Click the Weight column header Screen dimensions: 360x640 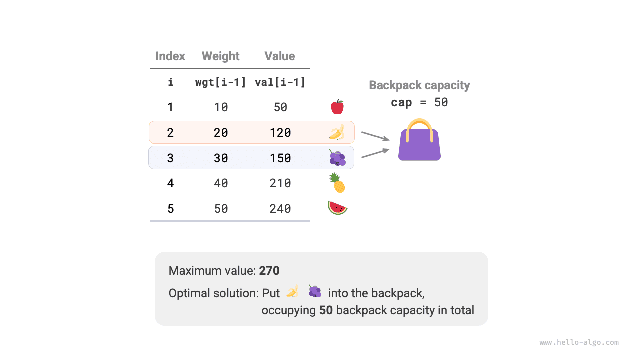pos(220,56)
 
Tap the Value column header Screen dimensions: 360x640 pos(279,56)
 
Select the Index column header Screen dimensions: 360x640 pos(170,56)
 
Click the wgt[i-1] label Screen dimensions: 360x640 pos(220,82)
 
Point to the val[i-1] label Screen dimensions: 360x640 pos(280,82)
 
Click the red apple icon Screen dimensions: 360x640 pos(337,107)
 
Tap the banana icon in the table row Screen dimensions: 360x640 pos(337,132)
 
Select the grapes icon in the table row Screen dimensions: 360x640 pos(337,158)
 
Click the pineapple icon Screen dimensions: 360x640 pos(337,183)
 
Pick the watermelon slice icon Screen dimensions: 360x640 pos(337,208)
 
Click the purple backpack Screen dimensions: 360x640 pos(419,146)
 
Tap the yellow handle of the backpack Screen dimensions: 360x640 pos(419,125)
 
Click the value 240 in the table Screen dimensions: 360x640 pos(280,209)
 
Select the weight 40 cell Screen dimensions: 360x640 pos(221,183)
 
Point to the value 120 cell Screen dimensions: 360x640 pos(280,133)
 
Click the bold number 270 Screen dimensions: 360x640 pos(269,271)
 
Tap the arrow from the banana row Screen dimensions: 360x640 pos(375,136)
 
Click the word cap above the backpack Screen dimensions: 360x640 pos(401,103)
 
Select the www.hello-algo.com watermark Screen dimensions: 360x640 pos(579,343)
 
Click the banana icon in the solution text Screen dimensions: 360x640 pos(292,291)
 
